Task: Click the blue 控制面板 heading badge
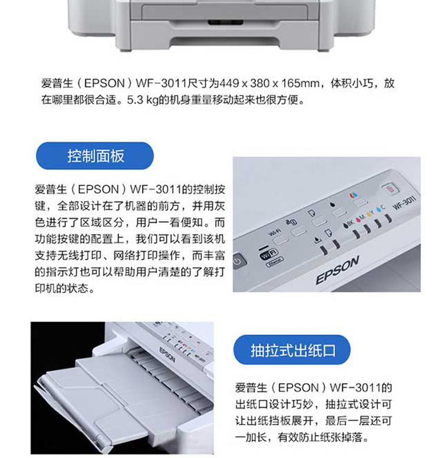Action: click(95, 156)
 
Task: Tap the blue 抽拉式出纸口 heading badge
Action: click(292, 350)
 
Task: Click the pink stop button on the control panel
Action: click(390, 189)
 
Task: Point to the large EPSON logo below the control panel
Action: click(337, 270)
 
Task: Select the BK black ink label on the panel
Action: click(348, 223)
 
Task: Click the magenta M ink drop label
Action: click(361, 218)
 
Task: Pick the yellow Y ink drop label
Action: click(370, 213)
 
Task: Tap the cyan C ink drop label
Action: click(380, 209)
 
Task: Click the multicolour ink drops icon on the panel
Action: click(354, 195)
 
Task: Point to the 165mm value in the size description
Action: click(300, 84)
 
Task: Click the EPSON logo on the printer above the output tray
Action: click(167, 355)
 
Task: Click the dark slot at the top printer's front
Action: click(225, 22)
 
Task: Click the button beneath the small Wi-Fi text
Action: click(281, 240)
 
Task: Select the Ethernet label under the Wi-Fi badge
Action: click(275, 262)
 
